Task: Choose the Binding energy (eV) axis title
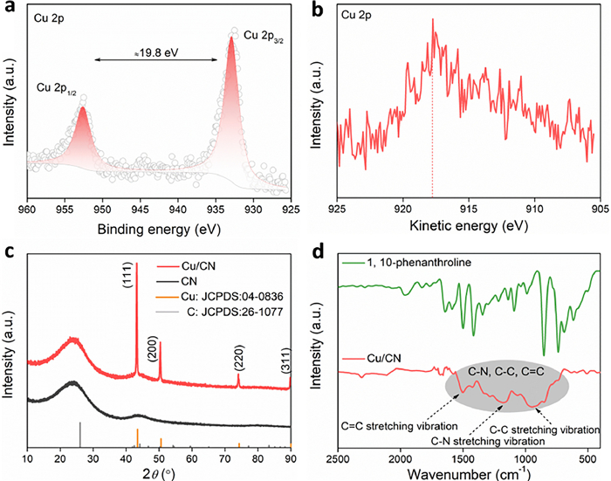tap(157, 229)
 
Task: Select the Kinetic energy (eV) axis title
tap(467, 229)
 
